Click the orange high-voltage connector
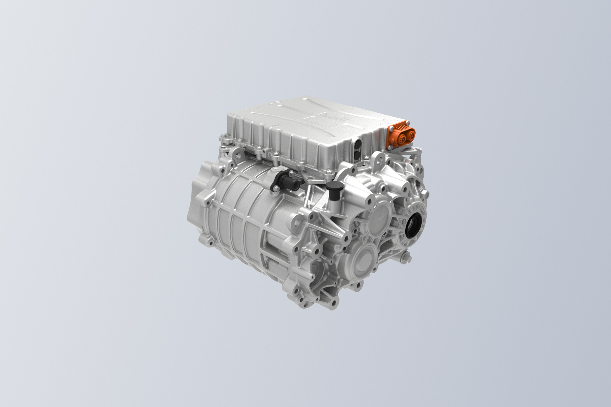coord(401,135)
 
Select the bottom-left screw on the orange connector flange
coord(390,147)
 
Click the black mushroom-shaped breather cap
coord(335,186)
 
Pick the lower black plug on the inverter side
coord(357,155)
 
